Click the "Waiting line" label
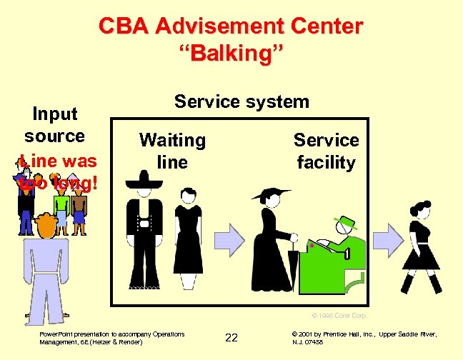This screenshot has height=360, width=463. (x=172, y=151)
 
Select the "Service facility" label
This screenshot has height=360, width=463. (x=326, y=151)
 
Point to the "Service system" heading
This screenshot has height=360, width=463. (x=242, y=101)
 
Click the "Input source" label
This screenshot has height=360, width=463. (x=54, y=124)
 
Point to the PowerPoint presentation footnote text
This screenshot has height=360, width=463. (x=111, y=337)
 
